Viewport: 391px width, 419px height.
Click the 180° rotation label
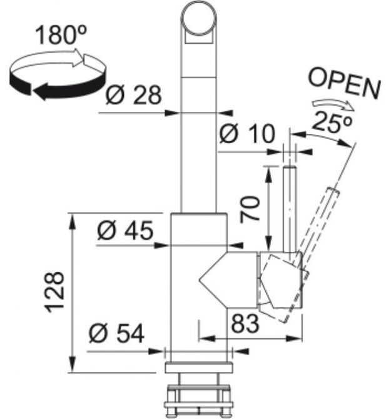[x=61, y=35]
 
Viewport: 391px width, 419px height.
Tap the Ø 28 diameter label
[x=134, y=95]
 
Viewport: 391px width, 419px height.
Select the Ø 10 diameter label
[x=246, y=133]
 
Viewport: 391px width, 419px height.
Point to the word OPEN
[x=345, y=84]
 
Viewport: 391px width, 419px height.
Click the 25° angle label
[x=332, y=122]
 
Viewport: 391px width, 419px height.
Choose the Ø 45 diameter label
[x=125, y=230]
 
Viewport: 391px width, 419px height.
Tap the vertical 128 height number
[x=55, y=292]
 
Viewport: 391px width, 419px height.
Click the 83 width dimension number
[x=245, y=323]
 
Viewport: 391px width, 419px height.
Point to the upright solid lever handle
[x=290, y=209]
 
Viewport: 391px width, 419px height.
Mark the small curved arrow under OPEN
[x=333, y=104]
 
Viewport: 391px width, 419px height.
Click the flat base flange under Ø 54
[x=198, y=368]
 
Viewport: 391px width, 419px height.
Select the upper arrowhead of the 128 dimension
[x=72, y=221]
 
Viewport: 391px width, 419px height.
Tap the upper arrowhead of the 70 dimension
[x=268, y=174]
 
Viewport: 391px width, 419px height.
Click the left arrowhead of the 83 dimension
[x=208, y=339]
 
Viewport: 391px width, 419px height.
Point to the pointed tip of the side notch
[x=200, y=280]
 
